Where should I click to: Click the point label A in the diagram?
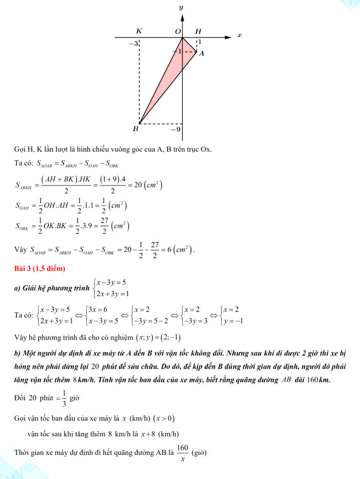coord(202,53)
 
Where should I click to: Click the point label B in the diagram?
coord(135,128)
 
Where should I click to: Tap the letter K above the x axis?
coord(139,31)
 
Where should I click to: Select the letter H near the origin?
coord(198,31)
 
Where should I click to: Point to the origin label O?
coord(178,31)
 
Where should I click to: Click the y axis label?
coord(181,8)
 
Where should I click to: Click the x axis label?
coord(239,35)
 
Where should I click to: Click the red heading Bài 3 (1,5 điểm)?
coord(40,269)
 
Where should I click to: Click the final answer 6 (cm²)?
coord(180,250)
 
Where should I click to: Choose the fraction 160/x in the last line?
coord(182,453)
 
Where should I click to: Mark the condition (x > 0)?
coord(167,418)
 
